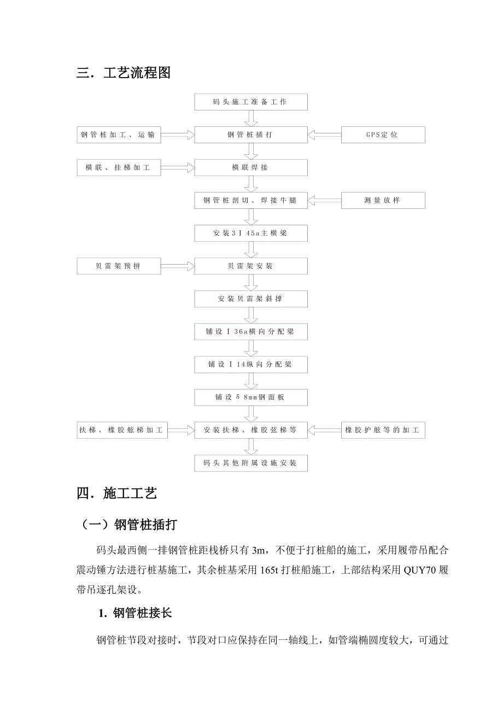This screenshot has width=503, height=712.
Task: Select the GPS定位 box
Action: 382,135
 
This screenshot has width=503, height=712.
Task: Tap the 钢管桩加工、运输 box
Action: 119,135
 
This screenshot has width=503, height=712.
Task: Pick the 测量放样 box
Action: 382,200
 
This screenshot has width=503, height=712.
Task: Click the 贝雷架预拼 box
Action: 119,266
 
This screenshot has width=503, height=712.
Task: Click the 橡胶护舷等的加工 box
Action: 382,430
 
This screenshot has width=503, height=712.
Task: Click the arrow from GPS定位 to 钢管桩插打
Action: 324,135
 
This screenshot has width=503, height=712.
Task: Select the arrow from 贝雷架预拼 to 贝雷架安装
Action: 178,266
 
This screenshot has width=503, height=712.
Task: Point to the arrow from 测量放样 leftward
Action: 324,200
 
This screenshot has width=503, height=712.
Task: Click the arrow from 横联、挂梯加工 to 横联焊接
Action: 178,167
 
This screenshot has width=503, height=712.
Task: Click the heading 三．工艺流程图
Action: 124,72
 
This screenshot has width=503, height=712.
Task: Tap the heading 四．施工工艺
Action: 117,493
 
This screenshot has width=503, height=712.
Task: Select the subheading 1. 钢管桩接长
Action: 134,613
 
